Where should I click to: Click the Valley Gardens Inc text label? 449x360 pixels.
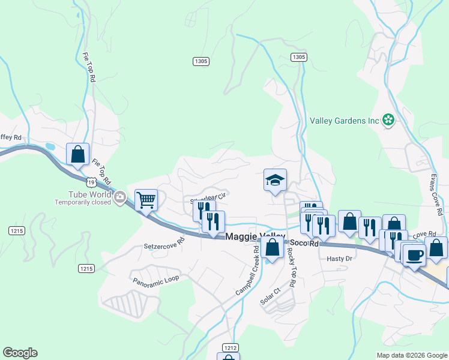345,120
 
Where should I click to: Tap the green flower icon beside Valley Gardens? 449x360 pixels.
388,120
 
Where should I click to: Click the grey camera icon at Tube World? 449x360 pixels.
120,196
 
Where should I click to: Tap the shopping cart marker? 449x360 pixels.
146,200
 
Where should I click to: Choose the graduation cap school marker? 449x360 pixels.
275,180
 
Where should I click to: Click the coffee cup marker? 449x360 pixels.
414,254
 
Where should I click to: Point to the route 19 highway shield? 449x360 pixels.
89,180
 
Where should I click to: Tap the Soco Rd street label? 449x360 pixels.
306,244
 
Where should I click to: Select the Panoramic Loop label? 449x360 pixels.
156,280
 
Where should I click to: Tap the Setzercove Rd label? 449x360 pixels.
164,245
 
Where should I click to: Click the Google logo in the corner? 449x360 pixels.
20,353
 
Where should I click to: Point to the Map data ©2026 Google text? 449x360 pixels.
411,355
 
